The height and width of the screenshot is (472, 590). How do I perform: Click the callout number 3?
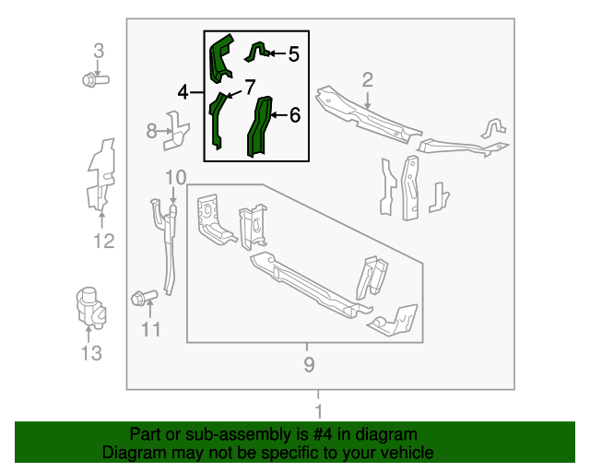click(x=99, y=51)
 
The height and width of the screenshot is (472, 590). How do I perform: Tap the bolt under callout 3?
click(x=95, y=80)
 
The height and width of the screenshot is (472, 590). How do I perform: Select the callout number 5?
click(x=293, y=54)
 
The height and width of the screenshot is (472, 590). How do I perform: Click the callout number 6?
click(x=294, y=115)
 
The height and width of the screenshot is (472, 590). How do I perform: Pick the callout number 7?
click(x=249, y=88)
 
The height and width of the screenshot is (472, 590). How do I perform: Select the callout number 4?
click(x=183, y=92)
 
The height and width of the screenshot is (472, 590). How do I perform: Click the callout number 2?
click(x=367, y=80)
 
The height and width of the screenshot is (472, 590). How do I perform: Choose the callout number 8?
click(x=152, y=132)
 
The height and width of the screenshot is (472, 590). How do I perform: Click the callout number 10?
click(x=175, y=177)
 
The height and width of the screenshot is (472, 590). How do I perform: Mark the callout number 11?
click(x=151, y=329)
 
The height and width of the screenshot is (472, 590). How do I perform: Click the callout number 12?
click(x=103, y=242)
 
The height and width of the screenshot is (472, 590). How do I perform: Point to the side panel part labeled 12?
click(x=100, y=175)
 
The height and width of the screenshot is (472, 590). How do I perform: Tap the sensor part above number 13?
click(x=90, y=304)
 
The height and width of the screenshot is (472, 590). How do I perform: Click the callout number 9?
click(x=309, y=365)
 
